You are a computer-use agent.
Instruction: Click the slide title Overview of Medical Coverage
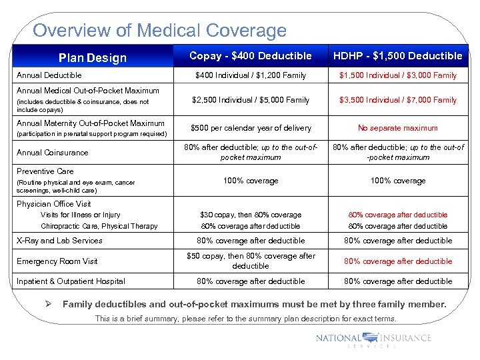[159, 31]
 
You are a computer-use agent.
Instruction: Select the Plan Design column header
[92, 58]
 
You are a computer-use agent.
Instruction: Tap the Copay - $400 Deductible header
[250, 56]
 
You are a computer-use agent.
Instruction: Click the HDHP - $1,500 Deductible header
[398, 56]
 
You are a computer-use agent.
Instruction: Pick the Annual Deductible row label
[49, 76]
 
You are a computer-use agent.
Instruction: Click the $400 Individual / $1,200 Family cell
[250, 76]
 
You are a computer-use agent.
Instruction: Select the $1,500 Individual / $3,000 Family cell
[398, 76]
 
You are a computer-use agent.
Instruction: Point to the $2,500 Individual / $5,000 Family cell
[250, 100]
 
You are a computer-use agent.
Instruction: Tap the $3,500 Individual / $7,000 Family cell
[398, 100]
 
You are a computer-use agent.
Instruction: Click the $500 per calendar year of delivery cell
[250, 128]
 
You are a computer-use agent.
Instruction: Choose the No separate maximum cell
[398, 128]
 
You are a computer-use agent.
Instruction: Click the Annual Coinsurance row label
[53, 153]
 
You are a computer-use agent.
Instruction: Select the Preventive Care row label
[45, 171]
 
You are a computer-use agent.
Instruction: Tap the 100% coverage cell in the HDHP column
[398, 181]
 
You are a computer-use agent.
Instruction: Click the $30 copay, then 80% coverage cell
[250, 215]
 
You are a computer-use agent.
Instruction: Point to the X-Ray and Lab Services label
[59, 241]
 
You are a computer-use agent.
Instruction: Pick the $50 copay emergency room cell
[250, 261]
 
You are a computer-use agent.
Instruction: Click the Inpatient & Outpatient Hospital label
[71, 281]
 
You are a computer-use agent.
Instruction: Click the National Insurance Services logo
[373, 339]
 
